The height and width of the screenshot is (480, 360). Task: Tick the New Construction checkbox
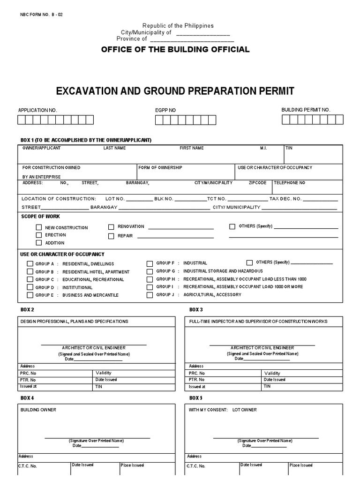click(39, 227)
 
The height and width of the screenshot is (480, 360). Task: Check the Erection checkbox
click(39, 235)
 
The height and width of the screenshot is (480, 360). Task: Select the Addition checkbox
click(39, 243)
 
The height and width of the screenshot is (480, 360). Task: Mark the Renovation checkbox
click(111, 227)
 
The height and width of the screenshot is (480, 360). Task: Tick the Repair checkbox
click(111, 236)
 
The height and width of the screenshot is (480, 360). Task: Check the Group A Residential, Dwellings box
click(30, 264)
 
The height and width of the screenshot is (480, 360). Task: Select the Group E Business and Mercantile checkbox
click(30, 295)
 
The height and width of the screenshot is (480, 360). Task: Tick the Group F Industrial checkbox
click(150, 263)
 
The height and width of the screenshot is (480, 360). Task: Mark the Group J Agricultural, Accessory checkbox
click(150, 295)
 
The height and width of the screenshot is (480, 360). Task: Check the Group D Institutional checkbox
click(30, 287)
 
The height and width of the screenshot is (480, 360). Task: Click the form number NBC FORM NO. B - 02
click(41, 15)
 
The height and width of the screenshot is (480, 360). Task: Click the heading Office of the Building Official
click(175, 50)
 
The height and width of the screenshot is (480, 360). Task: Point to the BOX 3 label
click(195, 310)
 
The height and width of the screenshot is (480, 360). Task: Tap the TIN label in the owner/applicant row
click(289, 148)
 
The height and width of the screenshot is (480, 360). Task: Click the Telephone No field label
click(289, 182)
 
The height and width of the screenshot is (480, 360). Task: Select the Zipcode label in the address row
click(257, 182)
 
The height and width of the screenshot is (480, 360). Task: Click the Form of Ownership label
click(160, 167)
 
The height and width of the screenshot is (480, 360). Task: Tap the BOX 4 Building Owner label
click(38, 410)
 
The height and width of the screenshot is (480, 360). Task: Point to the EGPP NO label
click(165, 110)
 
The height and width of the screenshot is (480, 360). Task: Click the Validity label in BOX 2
click(103, 373)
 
